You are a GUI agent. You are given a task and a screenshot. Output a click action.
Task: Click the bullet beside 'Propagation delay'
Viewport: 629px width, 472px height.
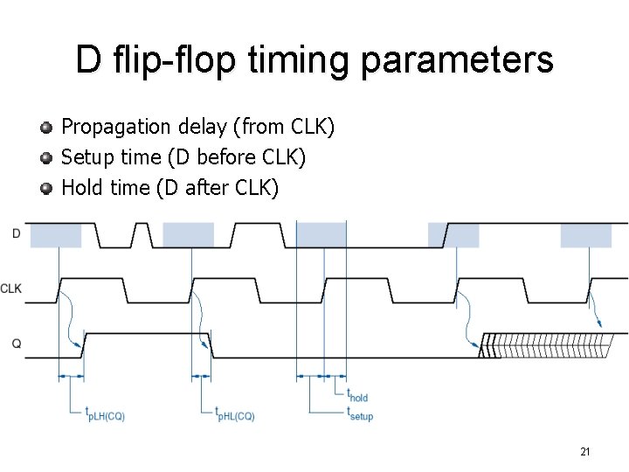tap(47, 128)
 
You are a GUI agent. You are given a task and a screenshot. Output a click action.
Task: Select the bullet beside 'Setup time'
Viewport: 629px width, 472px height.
tap(47, 158)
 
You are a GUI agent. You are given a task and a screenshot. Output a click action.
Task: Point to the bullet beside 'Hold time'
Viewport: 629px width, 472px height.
tap(47, 188)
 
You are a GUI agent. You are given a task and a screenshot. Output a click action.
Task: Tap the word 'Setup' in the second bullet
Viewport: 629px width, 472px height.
tap(84, 157)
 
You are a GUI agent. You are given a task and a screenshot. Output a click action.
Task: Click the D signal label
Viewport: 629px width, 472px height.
tap(17, 233)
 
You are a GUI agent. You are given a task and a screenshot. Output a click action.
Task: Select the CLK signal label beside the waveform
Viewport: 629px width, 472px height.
tap(11, 288)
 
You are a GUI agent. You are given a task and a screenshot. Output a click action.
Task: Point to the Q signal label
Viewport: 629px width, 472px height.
tap(17, 344)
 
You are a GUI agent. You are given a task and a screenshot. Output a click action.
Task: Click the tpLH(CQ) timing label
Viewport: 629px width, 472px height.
tap(105, 414)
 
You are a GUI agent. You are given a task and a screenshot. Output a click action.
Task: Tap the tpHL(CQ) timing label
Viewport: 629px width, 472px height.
tap(235, 414)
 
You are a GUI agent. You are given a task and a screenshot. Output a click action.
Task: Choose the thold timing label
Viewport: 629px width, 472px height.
tap(357, 396)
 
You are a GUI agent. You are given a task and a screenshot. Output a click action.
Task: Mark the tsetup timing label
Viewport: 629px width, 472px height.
tap(360, 413)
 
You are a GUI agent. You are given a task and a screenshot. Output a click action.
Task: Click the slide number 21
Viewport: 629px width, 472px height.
tap(584, 451)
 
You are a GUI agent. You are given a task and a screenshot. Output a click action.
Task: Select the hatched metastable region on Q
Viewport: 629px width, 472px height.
tap(546, 345)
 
